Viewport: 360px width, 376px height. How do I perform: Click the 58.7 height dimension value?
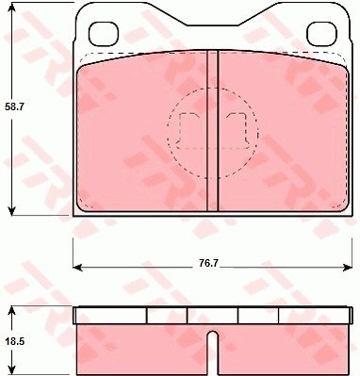(15, 107)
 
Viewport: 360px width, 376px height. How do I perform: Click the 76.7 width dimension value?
(208, 263)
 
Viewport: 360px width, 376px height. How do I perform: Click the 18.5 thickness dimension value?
(15, 341)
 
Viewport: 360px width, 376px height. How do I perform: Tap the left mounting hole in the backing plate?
(104, 34)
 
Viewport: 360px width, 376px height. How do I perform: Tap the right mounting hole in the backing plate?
(321, 34)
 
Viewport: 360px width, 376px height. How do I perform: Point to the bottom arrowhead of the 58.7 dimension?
(11, 210)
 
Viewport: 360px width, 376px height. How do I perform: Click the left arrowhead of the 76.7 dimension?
(77, 268)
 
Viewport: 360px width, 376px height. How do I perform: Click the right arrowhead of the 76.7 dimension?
(347, 268)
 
